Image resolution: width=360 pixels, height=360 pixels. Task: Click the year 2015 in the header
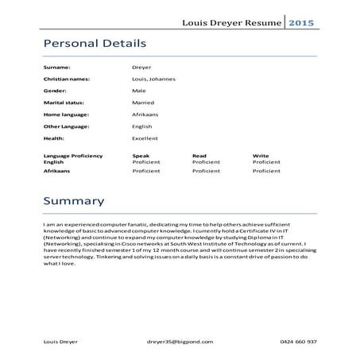[x=300, y=22]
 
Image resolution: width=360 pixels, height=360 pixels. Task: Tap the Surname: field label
[x=57, y=68]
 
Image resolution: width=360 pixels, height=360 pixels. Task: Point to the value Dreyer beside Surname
[x=141, y=68]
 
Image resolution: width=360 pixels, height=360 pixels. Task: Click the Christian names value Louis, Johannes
[x=154, y=79]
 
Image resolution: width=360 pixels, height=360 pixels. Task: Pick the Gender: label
[x=56, y=91]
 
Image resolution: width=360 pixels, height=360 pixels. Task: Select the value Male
[x=139, y=91]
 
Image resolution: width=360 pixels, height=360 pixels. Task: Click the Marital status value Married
[x=143, y=103]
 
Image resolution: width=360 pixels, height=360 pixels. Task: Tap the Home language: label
[x=66, y=115]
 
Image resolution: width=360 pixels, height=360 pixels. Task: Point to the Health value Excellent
[x=145, y=139]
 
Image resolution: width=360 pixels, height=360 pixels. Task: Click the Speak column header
[x=141, y=156]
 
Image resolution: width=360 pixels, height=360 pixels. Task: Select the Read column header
[x=199, y=156]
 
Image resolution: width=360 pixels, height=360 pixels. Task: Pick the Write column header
[x=260, y=156]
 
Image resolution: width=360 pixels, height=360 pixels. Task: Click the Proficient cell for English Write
[x=266, y=162]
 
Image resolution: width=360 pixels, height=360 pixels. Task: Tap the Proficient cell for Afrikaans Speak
[x=146, y=171]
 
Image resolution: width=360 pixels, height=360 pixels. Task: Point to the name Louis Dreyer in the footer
[x=60, y=341]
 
